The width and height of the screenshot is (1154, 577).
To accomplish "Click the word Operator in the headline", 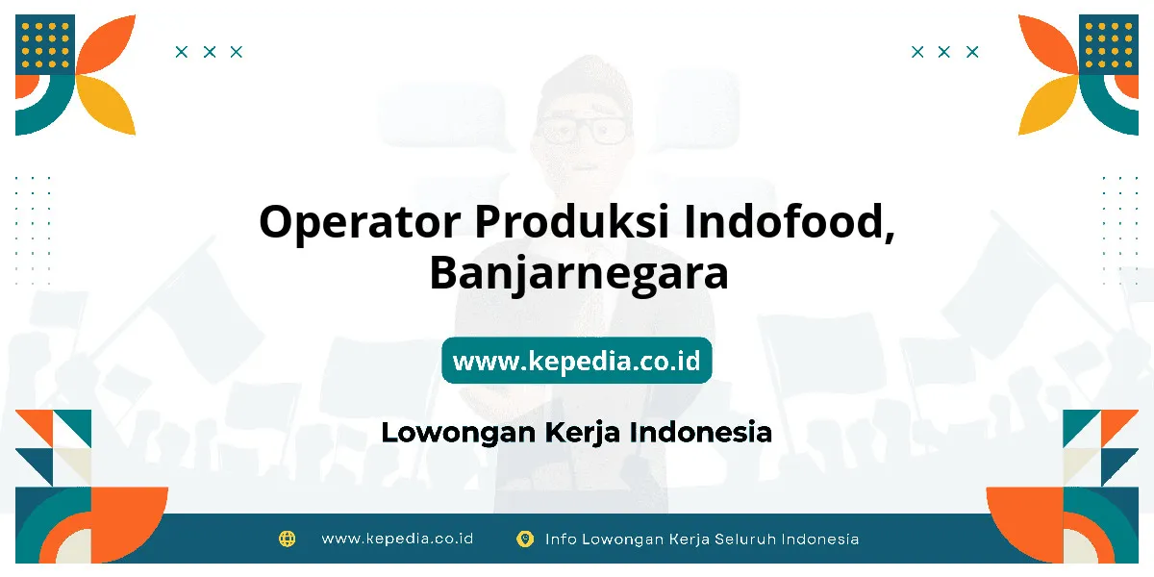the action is pos(360,222).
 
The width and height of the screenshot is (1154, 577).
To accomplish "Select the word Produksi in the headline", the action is pos(572,220).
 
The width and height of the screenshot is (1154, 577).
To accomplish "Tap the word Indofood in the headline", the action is pos(790,222).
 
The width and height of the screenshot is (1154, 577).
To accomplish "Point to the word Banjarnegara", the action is pos(579,274).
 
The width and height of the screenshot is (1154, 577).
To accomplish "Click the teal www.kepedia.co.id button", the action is pos(576,360).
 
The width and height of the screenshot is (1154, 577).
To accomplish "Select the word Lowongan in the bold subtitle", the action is pos(459,434).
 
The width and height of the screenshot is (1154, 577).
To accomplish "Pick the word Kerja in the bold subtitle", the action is pos(582,434).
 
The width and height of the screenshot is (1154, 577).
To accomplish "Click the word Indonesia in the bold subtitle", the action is pos(701,432).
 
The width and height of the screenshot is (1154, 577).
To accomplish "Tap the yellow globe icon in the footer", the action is pos(287,539).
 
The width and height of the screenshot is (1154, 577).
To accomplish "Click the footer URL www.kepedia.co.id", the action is pos(397,539).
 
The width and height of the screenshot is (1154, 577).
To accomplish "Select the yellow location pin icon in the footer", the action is pos(525,539).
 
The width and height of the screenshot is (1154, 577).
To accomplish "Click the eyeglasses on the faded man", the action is pos(583,130).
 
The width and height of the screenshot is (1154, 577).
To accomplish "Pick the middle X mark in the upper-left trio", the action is pos(210,52).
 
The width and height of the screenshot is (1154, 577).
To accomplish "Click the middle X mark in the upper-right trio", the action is pos(943,52).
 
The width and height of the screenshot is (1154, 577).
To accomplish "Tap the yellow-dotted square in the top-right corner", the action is pos(1109,44).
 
